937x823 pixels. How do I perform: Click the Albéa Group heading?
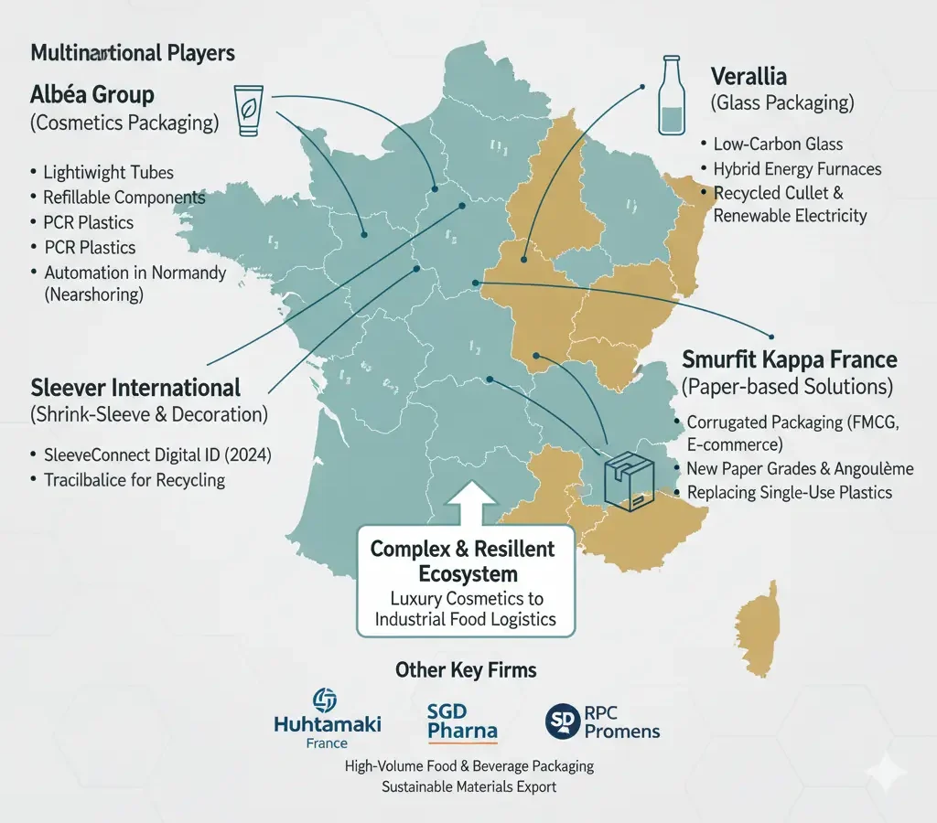92,94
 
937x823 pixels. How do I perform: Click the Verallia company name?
749,77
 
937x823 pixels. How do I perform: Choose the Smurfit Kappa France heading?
790,359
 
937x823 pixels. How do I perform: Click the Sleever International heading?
136,387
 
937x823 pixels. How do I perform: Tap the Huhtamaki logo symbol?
325,701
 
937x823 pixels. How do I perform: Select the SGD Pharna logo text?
462,721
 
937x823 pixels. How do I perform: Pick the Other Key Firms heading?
466,670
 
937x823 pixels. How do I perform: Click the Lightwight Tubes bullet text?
108,172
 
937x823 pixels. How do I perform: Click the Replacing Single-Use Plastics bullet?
789,492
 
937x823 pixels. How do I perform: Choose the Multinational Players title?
133,52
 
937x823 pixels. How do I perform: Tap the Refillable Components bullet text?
124,197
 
